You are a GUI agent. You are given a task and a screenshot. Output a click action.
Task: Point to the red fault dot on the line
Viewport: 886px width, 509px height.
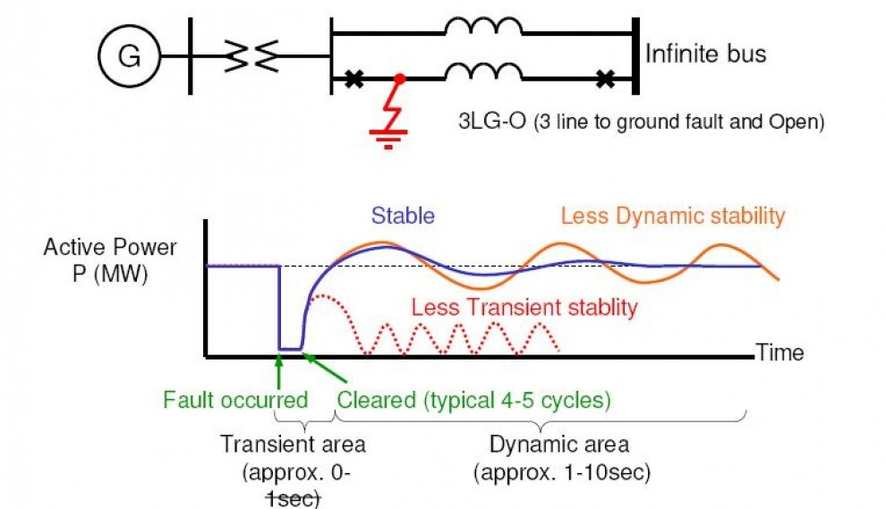400,80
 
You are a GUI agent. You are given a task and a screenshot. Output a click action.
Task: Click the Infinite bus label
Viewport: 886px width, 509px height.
706,55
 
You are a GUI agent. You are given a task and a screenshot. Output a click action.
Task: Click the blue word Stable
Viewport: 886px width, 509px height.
403,216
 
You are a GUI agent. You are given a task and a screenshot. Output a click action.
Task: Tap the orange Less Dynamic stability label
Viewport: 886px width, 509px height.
672,216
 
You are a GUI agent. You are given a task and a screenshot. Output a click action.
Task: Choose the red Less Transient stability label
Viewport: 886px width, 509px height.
524,308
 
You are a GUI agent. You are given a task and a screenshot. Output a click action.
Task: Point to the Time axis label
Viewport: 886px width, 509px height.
780,352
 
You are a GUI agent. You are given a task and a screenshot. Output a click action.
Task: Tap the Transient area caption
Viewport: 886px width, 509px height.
293,445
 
